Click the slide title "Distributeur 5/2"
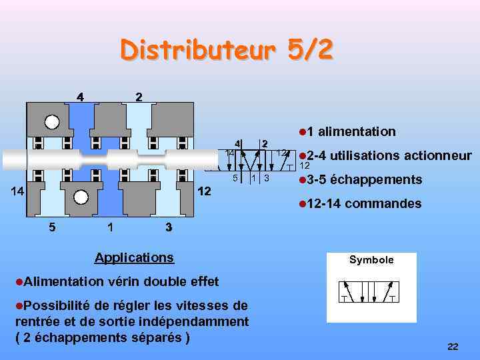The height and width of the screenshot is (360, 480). pos(226,50)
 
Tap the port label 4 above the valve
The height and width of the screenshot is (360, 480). pos(80,95)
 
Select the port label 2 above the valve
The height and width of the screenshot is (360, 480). pos(138,95)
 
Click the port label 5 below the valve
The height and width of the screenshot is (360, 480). pos(53,227)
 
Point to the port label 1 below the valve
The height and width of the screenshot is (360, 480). pos(110,227)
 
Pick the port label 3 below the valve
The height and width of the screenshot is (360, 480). pos(169,227)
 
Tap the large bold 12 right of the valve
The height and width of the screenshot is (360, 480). pos(205,191)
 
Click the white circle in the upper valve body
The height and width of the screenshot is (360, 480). pos(52,122)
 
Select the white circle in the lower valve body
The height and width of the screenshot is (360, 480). pos(81,197)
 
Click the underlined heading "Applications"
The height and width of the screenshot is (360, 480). pos(134,257)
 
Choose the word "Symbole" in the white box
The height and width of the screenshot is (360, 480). pos(371,260)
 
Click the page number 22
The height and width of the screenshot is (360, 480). pos(453,347)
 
